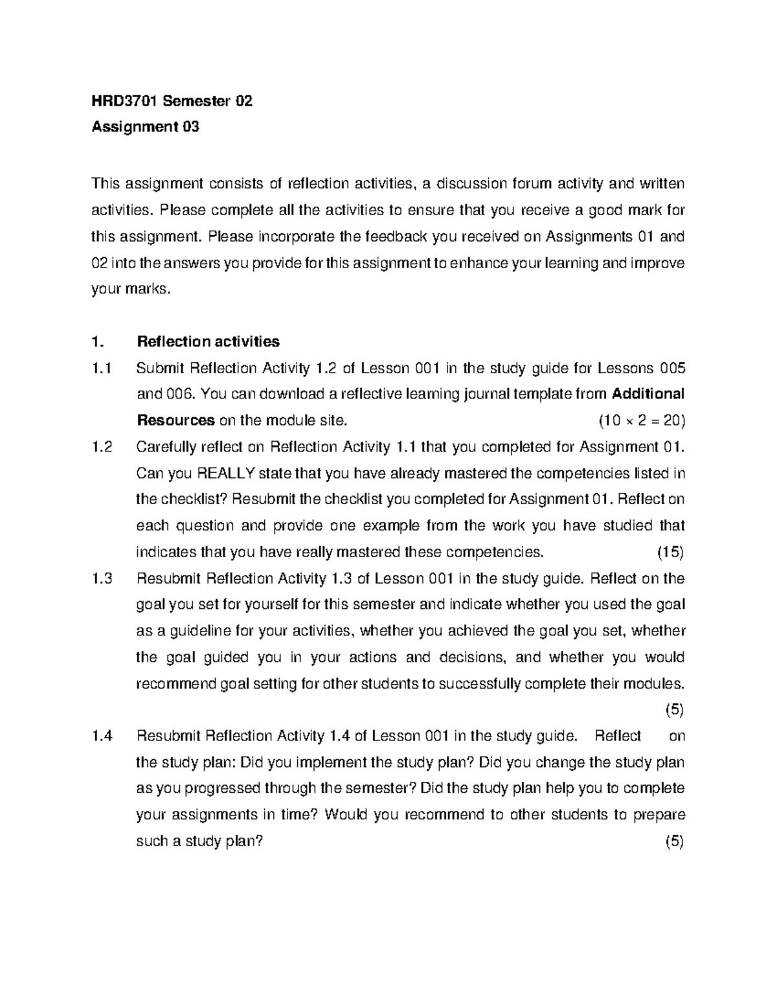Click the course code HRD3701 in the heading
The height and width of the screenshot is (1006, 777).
(x=124, y=101)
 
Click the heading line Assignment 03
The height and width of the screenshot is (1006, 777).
(x=145, y=127)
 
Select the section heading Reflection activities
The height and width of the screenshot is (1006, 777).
(x=208, y=341)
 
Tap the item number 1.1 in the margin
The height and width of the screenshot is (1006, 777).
(x=102, y=369)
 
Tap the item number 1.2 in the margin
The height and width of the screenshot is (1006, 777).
(x=102, y=447)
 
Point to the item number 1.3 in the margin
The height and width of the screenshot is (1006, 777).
(x=102, y=578)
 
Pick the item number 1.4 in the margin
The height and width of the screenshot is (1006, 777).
(x=102, y=736)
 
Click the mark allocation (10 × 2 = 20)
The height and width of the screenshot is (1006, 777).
(x=641, y=421)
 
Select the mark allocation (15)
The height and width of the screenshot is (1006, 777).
(x=671, y=553)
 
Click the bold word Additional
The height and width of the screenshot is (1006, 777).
(x=647, y=394)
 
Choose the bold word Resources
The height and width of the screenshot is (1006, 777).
(x=175, y=421)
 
